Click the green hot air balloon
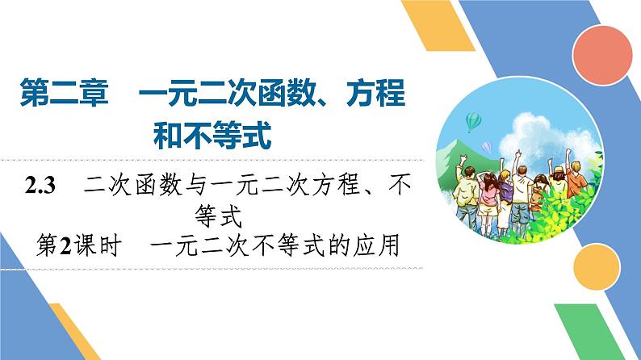pos(474,120)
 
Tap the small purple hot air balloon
pos(487,146)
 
